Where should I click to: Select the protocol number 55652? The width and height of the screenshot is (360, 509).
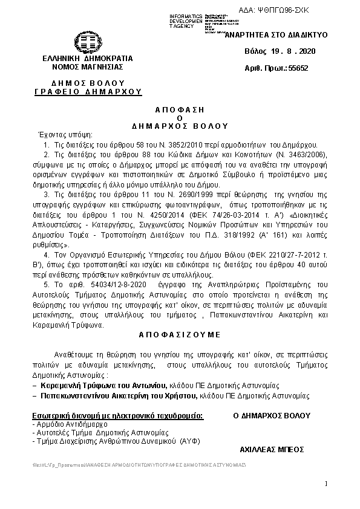click(x=298, y=68)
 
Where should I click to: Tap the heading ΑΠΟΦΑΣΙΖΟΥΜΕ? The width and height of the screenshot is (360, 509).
click(x=180, y=334)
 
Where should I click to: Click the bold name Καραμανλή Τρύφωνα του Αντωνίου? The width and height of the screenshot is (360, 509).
click(x=97, y=385)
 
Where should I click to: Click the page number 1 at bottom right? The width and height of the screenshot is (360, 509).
click(x=325, y=483)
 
